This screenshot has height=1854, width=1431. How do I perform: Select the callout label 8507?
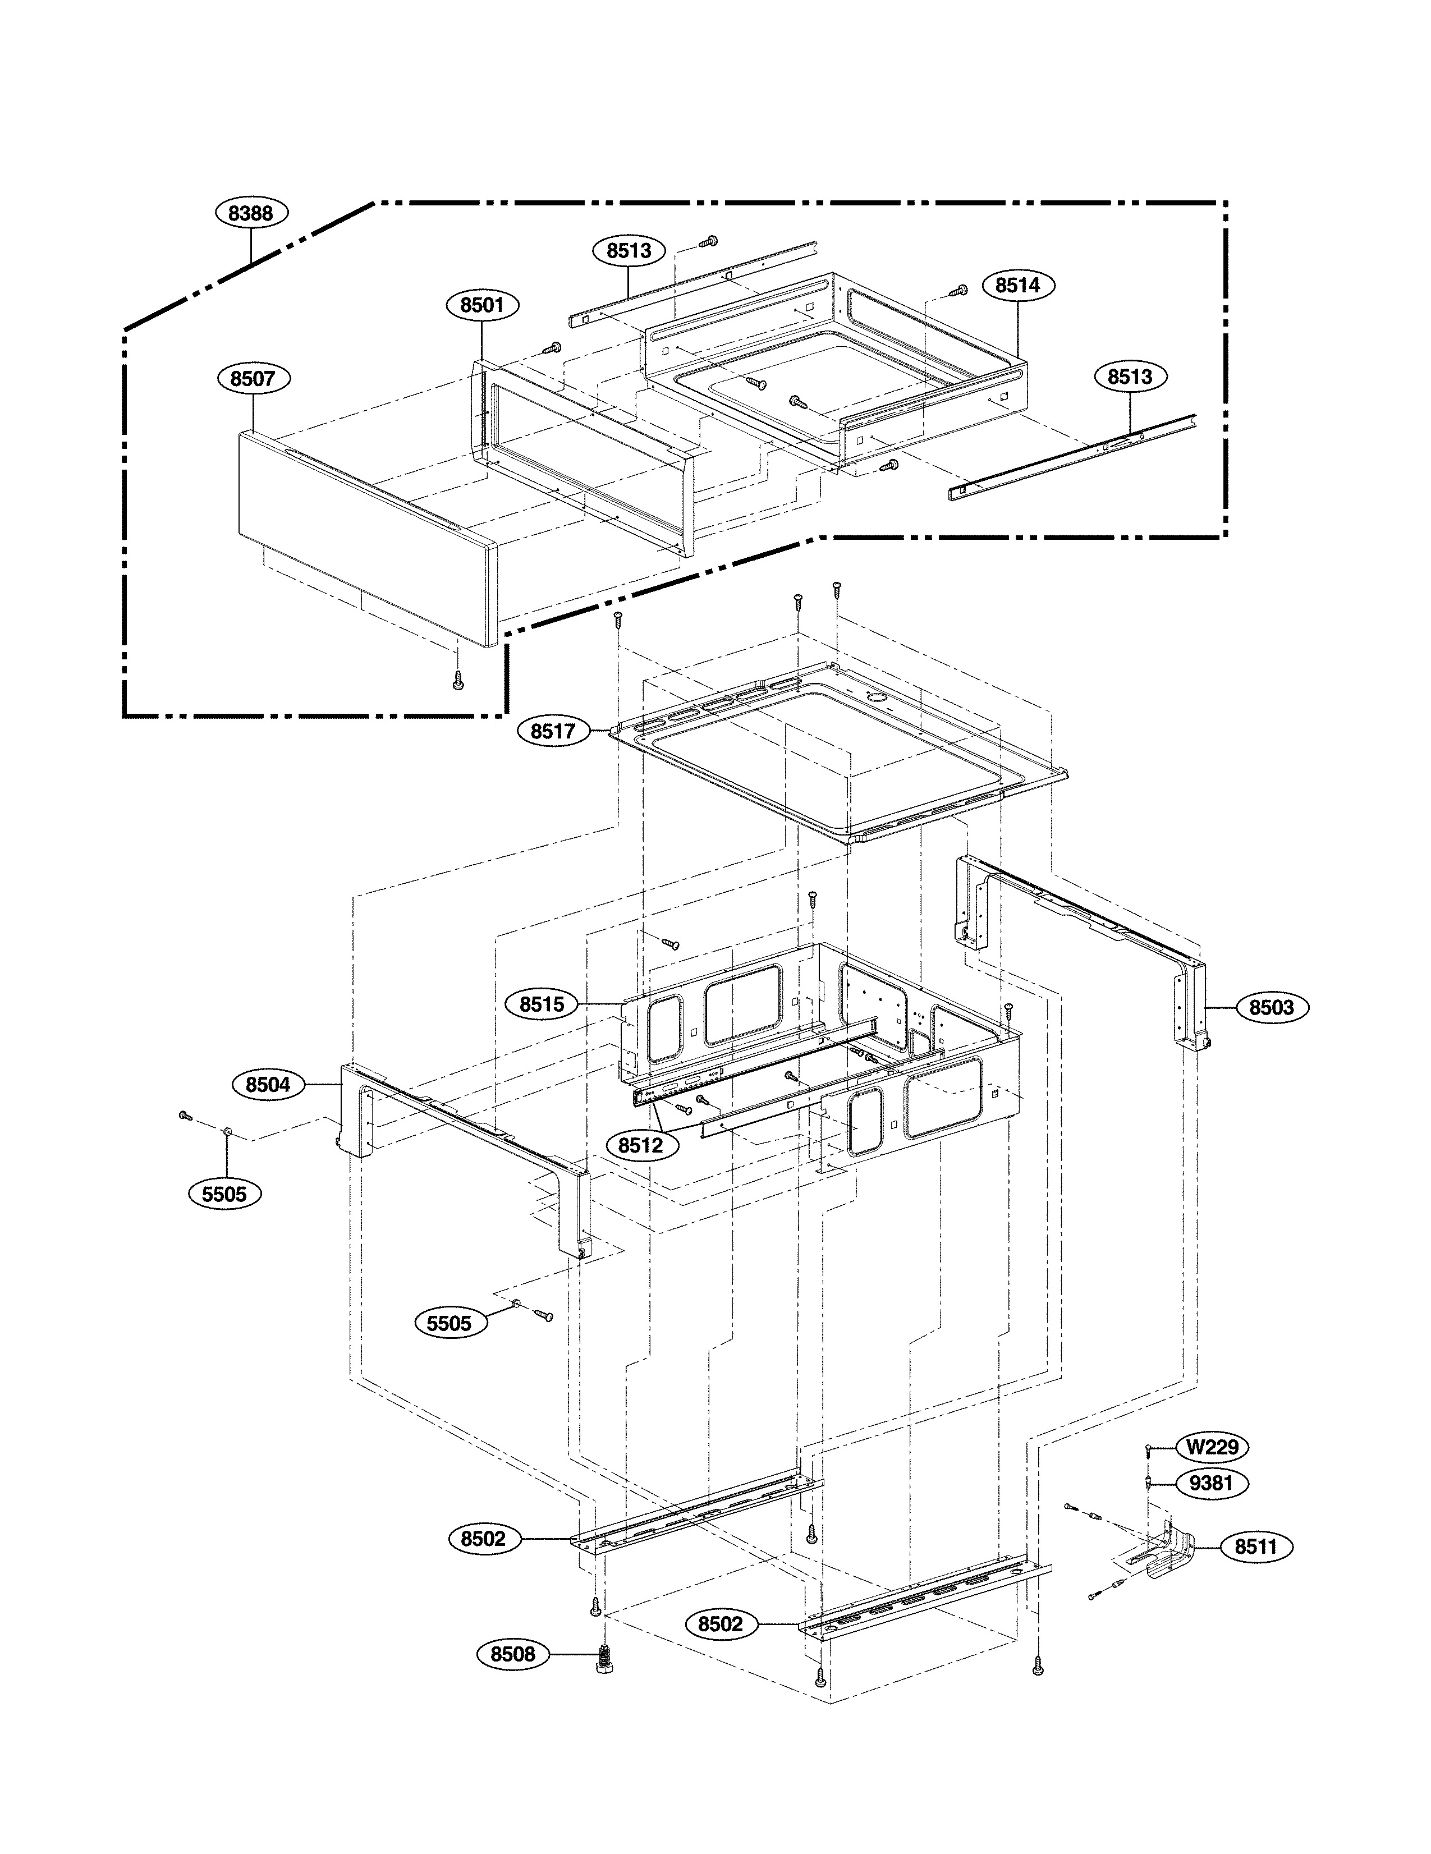click(253, 379)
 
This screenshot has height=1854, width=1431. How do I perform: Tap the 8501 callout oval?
click(482, 305)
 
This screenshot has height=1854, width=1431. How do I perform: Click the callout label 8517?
click(553, 731)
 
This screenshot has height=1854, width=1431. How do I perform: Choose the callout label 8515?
click(542, 1005)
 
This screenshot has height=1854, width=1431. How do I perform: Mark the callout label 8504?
click(268, 1085)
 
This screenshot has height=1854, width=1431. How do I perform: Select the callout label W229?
click(1212, 1447)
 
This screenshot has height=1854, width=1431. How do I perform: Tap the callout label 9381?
click(1212, 1483)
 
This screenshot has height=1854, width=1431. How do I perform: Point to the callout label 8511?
click(1255, 1546)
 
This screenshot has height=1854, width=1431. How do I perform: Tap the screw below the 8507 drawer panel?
click(458, 679)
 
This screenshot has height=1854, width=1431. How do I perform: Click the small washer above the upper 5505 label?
click(227, 1132)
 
